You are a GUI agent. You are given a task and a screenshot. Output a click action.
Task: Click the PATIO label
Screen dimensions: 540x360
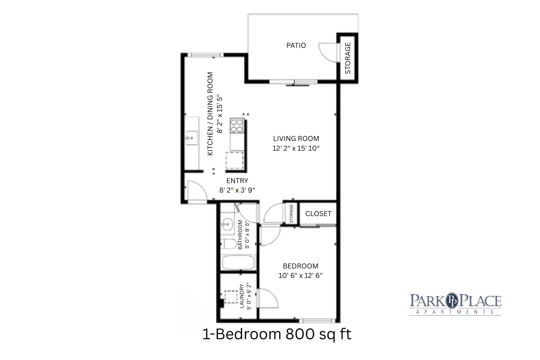[x=296, y=45]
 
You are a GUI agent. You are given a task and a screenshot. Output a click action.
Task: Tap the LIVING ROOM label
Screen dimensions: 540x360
[x=296, y=139]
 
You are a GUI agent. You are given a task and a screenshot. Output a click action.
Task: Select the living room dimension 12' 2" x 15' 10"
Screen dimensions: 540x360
[x=296, y=148]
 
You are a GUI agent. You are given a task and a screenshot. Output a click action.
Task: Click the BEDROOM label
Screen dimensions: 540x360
[x=301, y=266]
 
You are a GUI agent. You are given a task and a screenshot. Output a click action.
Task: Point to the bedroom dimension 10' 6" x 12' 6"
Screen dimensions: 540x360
[x=301, y=275]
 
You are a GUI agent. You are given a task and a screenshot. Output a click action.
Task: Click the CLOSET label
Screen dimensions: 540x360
[x=318, y=214]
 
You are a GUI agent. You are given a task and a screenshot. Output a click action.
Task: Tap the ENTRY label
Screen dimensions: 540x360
[x=237, y=181]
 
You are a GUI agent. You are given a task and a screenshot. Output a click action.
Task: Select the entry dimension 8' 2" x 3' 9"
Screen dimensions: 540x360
[x=237, y=190]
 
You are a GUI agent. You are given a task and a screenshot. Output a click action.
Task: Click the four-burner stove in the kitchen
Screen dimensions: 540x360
[x=237, y=126]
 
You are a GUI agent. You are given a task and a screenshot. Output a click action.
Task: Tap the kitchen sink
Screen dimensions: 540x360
[x=192, y=138]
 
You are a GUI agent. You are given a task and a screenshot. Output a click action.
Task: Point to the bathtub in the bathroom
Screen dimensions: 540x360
[x=238, y=263]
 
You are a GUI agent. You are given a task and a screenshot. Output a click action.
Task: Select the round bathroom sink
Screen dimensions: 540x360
[x=228, y=224]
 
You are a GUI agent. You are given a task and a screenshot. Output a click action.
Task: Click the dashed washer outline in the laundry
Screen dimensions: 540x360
[x=231, y=297]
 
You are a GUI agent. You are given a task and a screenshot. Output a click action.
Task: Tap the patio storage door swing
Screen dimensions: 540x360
[x=328, y=52]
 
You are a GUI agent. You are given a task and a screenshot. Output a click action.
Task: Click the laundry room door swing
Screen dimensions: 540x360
[x=267, y=298]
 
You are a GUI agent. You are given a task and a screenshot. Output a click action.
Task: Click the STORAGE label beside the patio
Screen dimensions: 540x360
[x=348, y=58]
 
